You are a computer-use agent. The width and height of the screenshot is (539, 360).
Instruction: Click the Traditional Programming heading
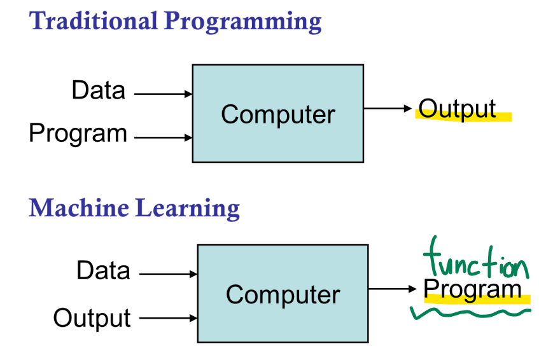tap(176, 21)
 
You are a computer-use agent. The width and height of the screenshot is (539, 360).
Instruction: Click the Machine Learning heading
tap(134, 207)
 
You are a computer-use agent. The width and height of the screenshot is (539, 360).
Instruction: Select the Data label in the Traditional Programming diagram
tap(98, 90)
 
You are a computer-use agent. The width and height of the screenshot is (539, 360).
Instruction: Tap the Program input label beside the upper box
tap(78, 134)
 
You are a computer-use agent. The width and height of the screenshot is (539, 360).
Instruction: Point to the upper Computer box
tap(278, 113)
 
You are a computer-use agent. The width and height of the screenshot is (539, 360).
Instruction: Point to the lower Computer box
tap(283, 294)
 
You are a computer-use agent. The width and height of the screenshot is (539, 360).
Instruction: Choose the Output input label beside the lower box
tap(92, 317)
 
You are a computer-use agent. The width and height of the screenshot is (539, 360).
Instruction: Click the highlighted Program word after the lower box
tap(472, 289)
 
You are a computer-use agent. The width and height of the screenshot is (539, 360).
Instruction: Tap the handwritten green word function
tap(474, 261)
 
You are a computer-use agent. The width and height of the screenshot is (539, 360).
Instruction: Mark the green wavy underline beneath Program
tap(471, 312)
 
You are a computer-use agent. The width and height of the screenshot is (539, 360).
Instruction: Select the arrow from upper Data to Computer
tap(163, 94)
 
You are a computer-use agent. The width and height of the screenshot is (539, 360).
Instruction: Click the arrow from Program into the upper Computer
tap(163, 137)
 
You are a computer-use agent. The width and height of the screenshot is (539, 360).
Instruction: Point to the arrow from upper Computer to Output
tap(388, 109)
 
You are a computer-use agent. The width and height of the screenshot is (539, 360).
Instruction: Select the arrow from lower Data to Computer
tap(168, 274)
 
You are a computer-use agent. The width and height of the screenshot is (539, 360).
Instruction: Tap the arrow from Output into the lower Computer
tap(168, 317)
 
